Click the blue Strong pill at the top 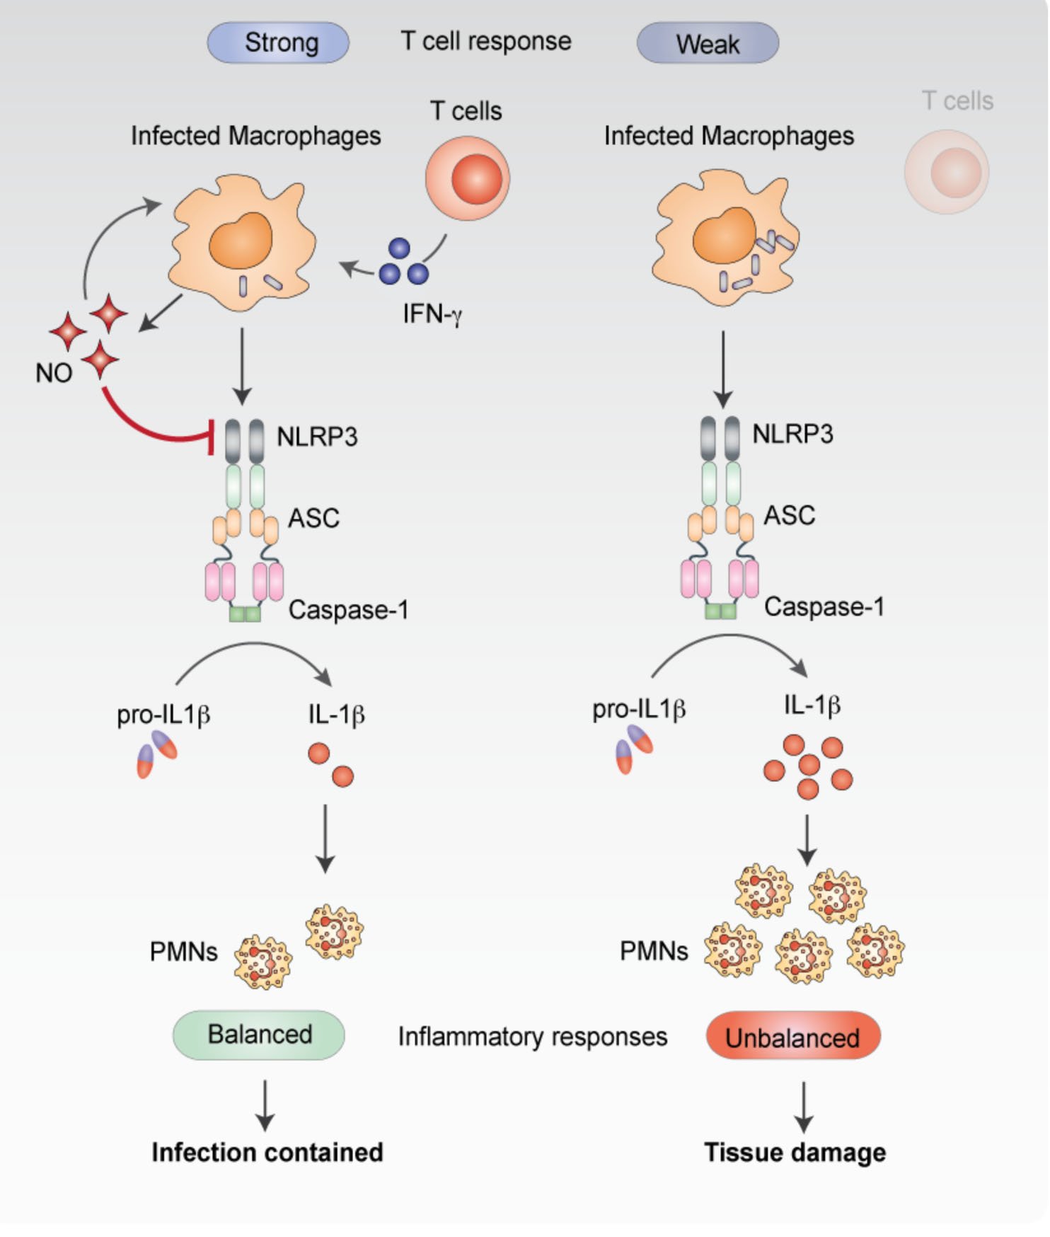tap(277, 42)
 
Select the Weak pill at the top tap(707, 43)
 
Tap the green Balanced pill tap(259, 1035)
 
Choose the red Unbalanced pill tap(792, 1037)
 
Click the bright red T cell tap(467, 178)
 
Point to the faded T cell tap(946, 172)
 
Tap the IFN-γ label tap(432, 313)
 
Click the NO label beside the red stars tap(54, 373)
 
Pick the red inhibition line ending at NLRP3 tap(149, 425)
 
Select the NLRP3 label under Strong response tap(316, 437)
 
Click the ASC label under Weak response tap(789, 515)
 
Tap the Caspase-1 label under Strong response tap(348, 610)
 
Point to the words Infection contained tap(267, 1152)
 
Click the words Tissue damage tap(795, 1152)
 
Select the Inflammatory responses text tap(532, 1037)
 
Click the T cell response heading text tap(485, 41)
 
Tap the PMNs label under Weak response tap(653, 951)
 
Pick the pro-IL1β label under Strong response tap(163, 715)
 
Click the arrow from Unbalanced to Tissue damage tap(803, 1107)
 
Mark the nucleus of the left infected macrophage tap(240, 240)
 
